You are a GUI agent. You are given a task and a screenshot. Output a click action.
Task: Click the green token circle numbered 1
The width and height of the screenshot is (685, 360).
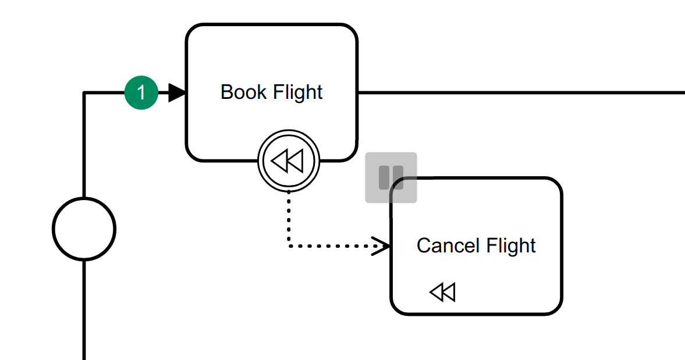point(141,92)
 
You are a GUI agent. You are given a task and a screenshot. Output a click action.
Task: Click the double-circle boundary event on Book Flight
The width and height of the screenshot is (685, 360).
point(289,161)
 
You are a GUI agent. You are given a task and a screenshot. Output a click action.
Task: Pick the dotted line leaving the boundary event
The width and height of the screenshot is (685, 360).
point(289,218)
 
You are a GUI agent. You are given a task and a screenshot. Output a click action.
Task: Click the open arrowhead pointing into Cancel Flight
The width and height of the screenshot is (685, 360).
point(381,246)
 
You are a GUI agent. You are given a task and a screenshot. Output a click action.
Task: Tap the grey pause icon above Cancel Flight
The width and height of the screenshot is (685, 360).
point(391,177)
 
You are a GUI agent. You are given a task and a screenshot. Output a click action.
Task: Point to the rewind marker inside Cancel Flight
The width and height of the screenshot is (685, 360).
point(442,291)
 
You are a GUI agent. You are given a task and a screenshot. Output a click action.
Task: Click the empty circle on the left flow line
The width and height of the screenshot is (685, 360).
point(84,229)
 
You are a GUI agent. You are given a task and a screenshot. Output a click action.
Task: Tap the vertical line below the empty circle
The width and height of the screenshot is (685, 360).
point(84,308)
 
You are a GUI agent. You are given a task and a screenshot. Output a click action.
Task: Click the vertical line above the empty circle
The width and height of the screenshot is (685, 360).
point(84,145)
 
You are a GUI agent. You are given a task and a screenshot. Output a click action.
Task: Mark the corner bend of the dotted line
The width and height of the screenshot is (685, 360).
point(289,247)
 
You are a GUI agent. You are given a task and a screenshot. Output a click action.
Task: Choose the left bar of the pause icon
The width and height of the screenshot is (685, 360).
point(384,177)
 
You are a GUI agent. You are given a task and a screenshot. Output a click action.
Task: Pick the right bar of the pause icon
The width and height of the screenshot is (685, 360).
point(398,177)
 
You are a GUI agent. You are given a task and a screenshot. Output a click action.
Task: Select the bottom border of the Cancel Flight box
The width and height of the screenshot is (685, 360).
point(476,314)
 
